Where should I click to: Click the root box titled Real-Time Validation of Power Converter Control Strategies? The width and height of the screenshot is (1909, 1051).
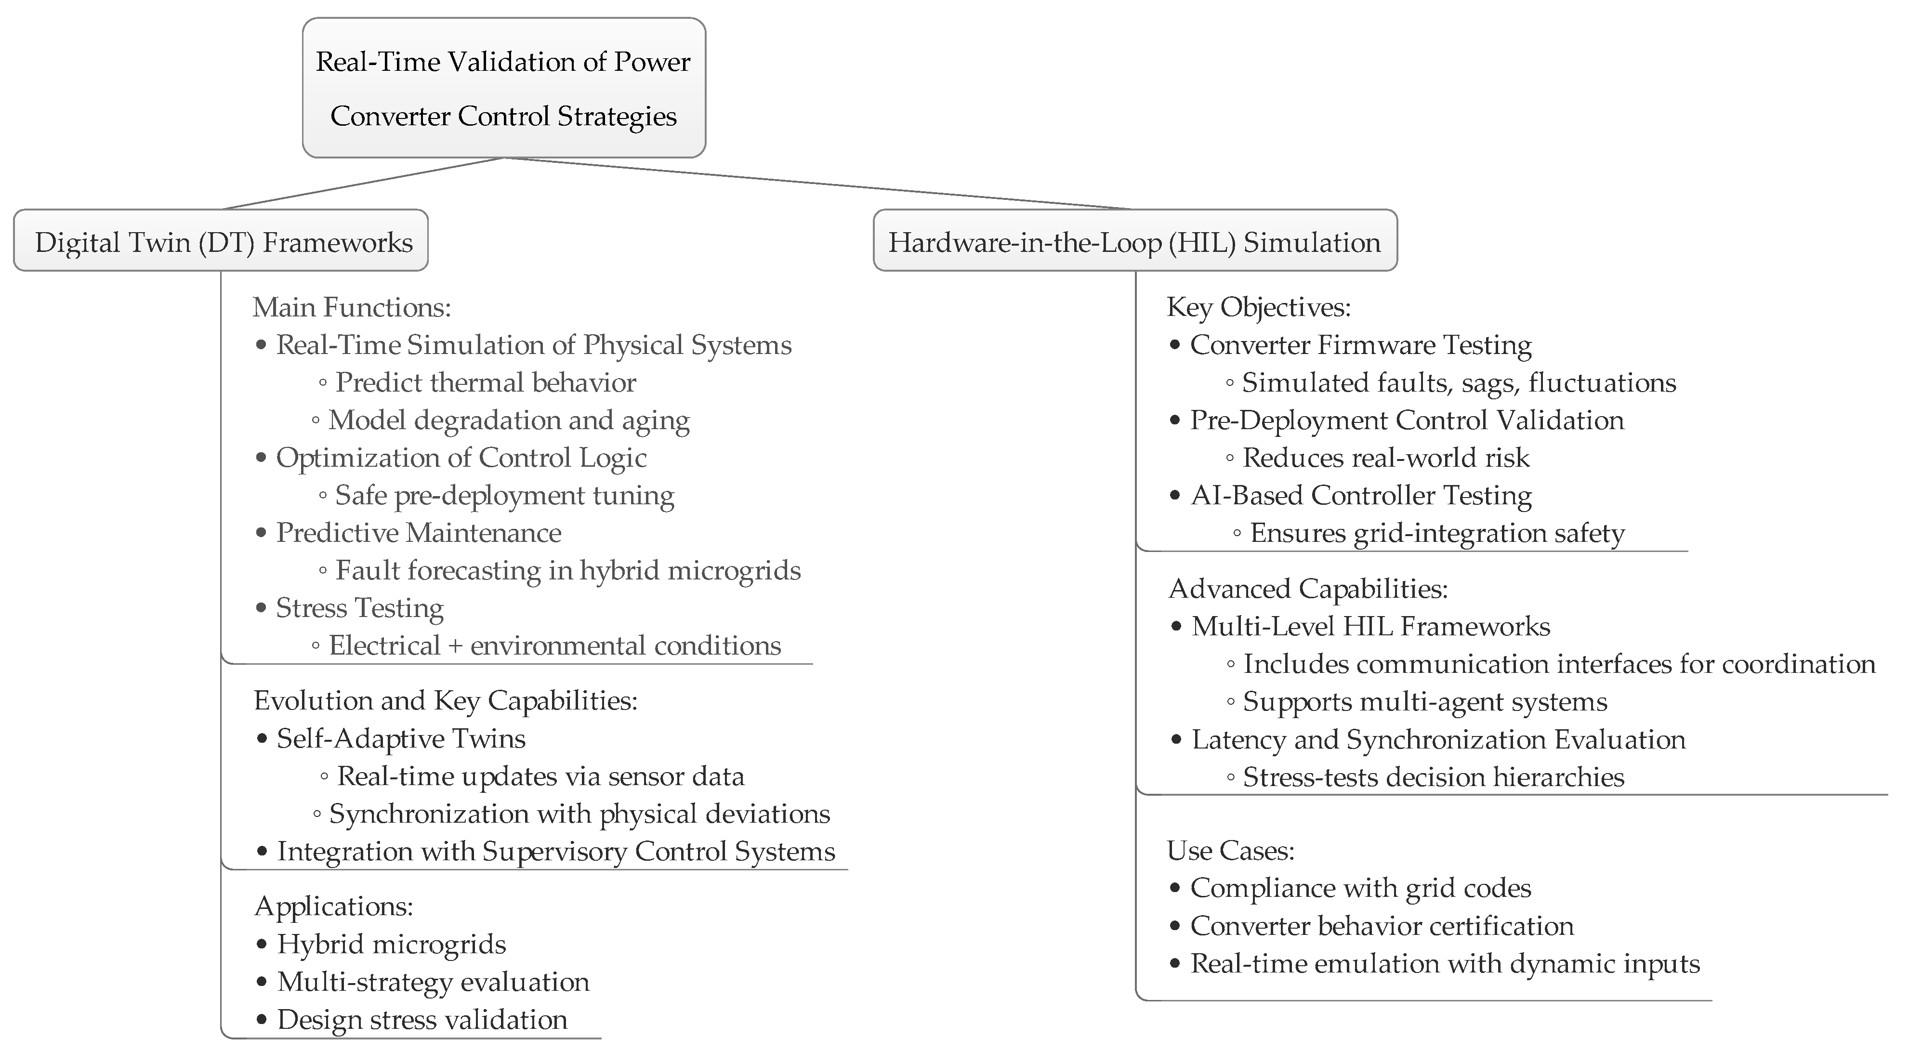[x=503, y=88]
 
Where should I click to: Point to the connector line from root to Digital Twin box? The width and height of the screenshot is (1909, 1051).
[x=363, y=184]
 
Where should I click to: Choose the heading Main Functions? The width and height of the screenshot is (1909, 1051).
[x=352, y=307]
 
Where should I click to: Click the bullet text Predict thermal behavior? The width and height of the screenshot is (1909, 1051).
[x=486, y=382]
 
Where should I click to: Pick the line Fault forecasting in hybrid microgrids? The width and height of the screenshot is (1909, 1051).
[x=567, y=571]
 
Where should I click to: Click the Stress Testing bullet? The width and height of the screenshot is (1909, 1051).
[x=359, y=608]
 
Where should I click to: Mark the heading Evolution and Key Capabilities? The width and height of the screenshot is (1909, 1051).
[x=446, y=700]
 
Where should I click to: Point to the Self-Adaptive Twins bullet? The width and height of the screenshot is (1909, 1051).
[x=401, y=739]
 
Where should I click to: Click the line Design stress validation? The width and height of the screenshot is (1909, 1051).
[x=421, y=1020]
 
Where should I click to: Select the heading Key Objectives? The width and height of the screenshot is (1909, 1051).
[x=1258, y=307]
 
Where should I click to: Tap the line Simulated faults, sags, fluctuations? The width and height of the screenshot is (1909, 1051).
[x=1459, y=382]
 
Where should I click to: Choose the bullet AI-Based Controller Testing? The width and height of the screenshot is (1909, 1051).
[x=1361, y=495]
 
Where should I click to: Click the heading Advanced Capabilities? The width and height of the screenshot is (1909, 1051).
[x=1308, y=589]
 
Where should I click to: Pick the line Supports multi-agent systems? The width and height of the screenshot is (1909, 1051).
[x=1424, y=702]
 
